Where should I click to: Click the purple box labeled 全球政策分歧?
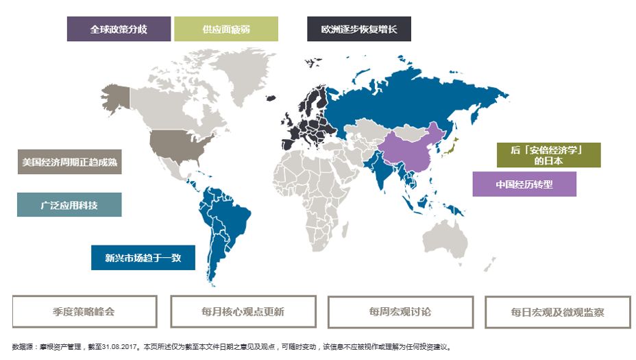pos(119,29)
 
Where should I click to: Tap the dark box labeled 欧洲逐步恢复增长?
pos(358,29)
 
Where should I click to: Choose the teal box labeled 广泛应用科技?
pos(69,205)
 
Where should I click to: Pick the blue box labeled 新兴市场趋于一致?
pos(143,258)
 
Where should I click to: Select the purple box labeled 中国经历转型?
pos(524,184)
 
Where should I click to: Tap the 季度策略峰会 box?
pos(84,311)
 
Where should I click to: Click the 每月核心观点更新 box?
pos(243,311)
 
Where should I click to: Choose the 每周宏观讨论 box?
pos(400,311)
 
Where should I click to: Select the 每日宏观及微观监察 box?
pos(557,312)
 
